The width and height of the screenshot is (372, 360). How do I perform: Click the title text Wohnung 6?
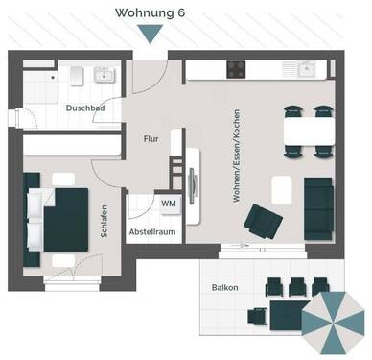(x=151, y=12)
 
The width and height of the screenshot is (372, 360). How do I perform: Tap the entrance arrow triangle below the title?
(x=151, y=35)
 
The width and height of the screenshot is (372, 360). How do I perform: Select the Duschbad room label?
(x=84, y=108)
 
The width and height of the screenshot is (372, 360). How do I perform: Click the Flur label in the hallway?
(x=151, y=138)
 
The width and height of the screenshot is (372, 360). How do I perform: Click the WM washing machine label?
(x=168, y=204)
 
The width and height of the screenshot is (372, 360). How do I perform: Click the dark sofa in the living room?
(x=316, y=204)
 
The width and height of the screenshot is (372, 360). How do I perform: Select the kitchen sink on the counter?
(x=307, y=69)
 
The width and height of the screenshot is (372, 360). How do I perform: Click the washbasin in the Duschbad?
(x=101, y=76)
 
